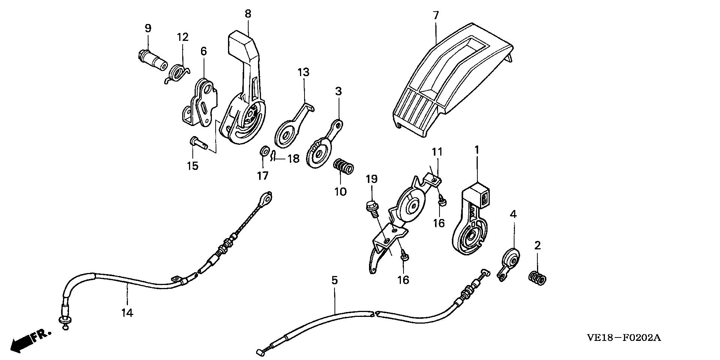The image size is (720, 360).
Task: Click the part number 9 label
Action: [x=148, y=28]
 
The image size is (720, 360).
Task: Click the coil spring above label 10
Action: [x=343, y=166]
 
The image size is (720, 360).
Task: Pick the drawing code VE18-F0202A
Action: [x=623, y=338]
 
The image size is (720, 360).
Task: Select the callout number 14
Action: [x=127, y=312]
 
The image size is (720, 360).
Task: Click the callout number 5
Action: [x=334, y=280]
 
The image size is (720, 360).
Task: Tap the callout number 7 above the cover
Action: [x=435, y=16]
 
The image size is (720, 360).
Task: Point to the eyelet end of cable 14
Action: [x=266, y=198]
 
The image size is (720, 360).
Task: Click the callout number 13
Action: [x=303, y=72]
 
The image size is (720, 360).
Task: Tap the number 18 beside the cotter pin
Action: [x=293, y=159]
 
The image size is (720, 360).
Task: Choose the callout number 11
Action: [x=437, y=152]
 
